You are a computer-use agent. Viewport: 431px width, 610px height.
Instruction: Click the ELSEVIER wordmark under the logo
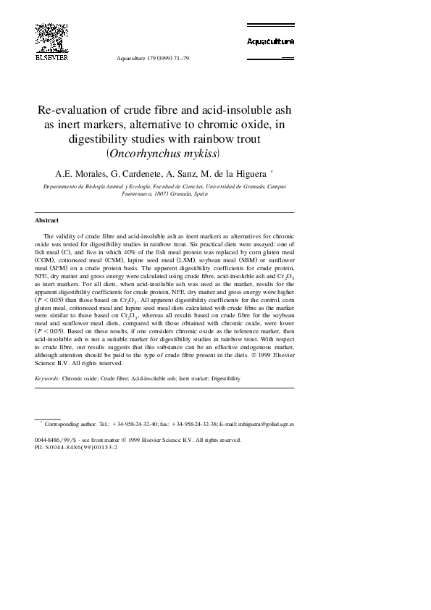[x=48, y=55]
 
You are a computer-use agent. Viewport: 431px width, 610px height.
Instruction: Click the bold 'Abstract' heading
[x=47, y=220]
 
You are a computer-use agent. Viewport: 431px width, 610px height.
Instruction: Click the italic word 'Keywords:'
[x=48, y=378]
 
